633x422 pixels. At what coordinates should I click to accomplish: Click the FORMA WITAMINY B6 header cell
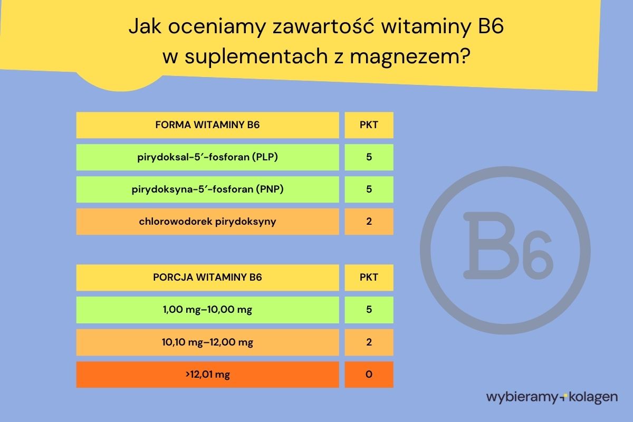207,125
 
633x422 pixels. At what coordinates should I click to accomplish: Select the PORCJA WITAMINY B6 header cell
207,277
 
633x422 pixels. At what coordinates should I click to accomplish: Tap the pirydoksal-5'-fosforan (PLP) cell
207,157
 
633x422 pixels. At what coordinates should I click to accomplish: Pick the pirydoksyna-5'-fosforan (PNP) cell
207,189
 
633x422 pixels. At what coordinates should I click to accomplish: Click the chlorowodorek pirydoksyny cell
207,222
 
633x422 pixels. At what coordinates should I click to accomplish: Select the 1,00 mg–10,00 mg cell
207,310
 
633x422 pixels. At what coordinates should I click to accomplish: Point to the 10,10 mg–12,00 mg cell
207,342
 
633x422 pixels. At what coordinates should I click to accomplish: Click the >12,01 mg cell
207,375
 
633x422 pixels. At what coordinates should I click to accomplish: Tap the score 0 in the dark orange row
369,375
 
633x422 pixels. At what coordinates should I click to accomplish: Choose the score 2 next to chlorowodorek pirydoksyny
369,222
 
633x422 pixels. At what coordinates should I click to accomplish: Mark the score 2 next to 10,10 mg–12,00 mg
369,342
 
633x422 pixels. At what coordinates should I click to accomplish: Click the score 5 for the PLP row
369,157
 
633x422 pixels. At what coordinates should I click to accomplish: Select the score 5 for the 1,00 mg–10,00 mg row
369,310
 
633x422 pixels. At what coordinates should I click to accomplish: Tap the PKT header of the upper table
369,125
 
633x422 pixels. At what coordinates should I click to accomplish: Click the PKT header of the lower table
369,277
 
